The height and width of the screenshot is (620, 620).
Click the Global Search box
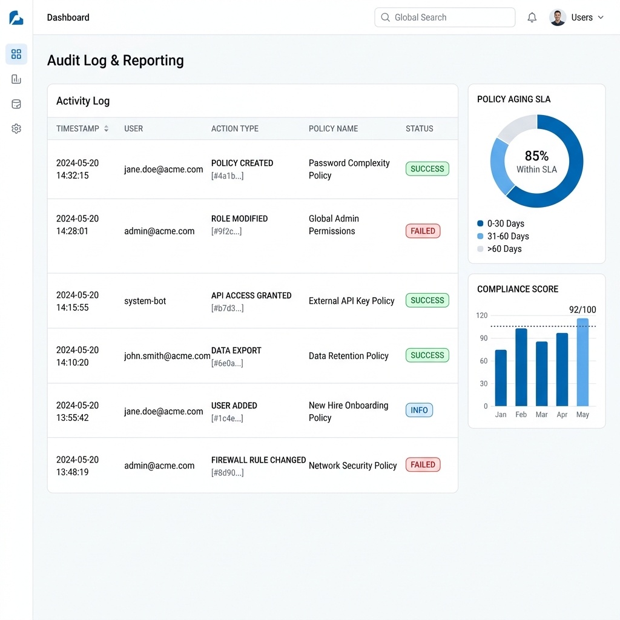pos(445,18)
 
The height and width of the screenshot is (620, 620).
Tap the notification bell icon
pos(532,18)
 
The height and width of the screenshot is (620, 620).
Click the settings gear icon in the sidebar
pos(16,129)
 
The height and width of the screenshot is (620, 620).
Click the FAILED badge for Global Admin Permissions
pos(423,231)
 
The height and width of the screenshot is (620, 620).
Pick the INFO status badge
pos(419,410)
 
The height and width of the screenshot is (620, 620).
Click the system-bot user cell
pos(145,301)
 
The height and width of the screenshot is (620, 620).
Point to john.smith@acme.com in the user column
pos(167,356)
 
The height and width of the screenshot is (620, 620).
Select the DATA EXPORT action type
pos(236,351)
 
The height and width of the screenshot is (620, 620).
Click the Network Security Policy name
pos(352,466)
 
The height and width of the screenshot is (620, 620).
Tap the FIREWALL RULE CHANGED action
pos(259,460)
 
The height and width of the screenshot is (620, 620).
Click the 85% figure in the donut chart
pos(536,156)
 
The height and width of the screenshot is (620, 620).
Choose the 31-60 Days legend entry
pos(507,236)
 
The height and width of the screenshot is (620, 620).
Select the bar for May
pos(582,362)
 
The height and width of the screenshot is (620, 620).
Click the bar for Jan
pos(501,378)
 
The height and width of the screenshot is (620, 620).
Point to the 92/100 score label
pos(582,310)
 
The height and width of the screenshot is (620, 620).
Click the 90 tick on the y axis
pos(484,338)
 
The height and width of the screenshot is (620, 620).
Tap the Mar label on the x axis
pos(541,415)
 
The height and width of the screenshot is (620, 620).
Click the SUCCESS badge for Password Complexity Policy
pos(427,169)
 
